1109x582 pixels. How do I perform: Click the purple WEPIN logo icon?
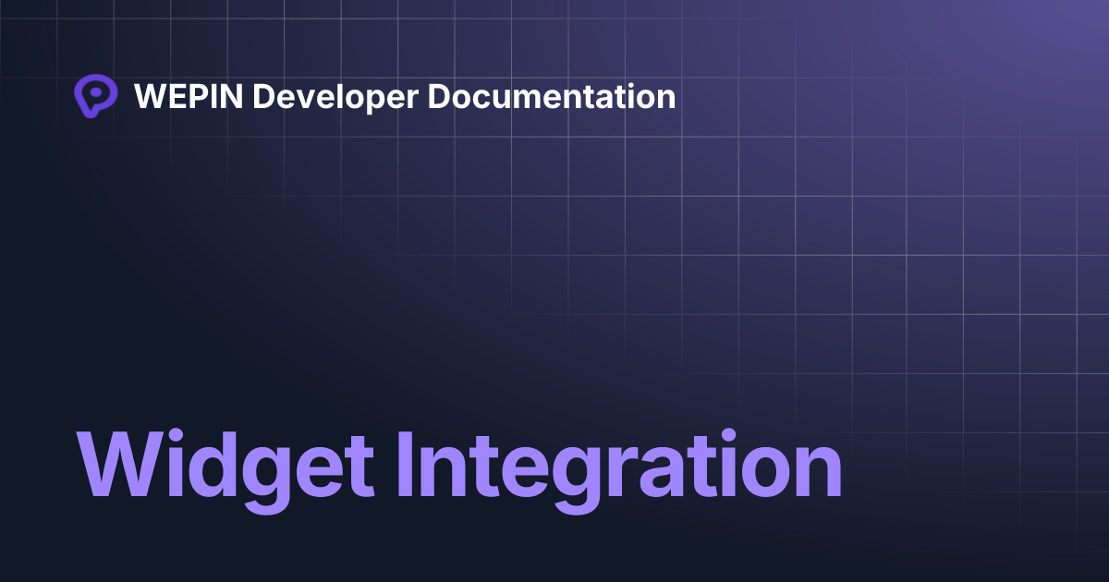pyautogui.click(x=95, y=96)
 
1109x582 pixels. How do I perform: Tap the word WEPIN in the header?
pyautogui.click(x=188, y=96)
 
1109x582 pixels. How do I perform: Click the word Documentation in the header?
pyautogui.click(x=552, y=96)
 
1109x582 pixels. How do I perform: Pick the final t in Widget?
pyautogui.click(x=360, y=467)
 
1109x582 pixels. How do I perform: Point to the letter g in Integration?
pyautogui.click(x=577, y=476)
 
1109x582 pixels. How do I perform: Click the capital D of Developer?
pyautogui.click(x=263, y=96)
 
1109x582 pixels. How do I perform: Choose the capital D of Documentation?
pyautogui.click(x=439, y=96)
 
